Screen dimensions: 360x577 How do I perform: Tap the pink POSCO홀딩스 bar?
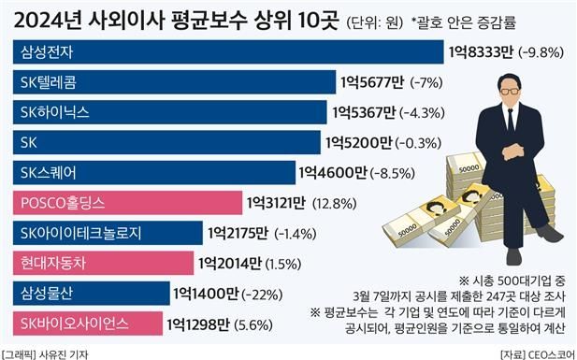(127, 202)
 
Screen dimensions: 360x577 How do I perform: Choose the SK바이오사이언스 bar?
(85, 324)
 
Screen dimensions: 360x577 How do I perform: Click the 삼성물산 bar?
(90, 294)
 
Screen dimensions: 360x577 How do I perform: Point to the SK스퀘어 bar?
(151, 172)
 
